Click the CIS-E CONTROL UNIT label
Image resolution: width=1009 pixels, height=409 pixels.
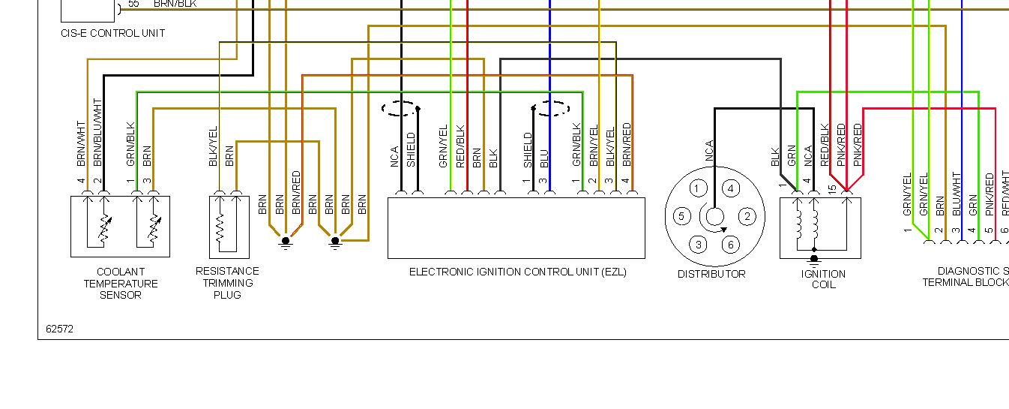click(x=112, y=33)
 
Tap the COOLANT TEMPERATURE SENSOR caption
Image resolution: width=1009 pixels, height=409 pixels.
click(x=120, y=284)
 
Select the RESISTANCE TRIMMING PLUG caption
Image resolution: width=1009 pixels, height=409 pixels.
click(x=227, y=283)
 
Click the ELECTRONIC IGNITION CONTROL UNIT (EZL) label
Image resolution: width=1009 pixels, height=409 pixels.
click(x=517, y=272)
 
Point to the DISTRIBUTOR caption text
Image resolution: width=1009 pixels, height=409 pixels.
click(x=711, y=274)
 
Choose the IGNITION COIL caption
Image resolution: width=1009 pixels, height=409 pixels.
click(x=822, y=279)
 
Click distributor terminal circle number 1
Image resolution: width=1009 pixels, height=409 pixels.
click(x=697, y=188)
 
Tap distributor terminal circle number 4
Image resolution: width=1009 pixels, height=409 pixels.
click(x=730, y=188)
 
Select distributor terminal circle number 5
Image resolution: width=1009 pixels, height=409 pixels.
click(x=681, y=217)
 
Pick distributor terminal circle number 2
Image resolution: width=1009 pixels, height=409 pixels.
click(x=747, y=217)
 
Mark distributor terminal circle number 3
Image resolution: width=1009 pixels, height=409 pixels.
click(x=698, y=245)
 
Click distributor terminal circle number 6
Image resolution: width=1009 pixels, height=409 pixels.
click(x=730, y=245)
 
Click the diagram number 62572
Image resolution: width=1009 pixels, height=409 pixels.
click(x=59, y=329)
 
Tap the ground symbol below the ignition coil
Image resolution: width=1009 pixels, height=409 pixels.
click(x=814, y=260)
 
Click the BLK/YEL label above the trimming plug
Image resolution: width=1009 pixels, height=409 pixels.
click(x=213, y=146)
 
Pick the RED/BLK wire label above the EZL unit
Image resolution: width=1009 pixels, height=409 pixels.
click(x=460, y=146)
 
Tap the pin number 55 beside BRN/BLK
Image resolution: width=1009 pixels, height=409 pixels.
click(x=133, y=4)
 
